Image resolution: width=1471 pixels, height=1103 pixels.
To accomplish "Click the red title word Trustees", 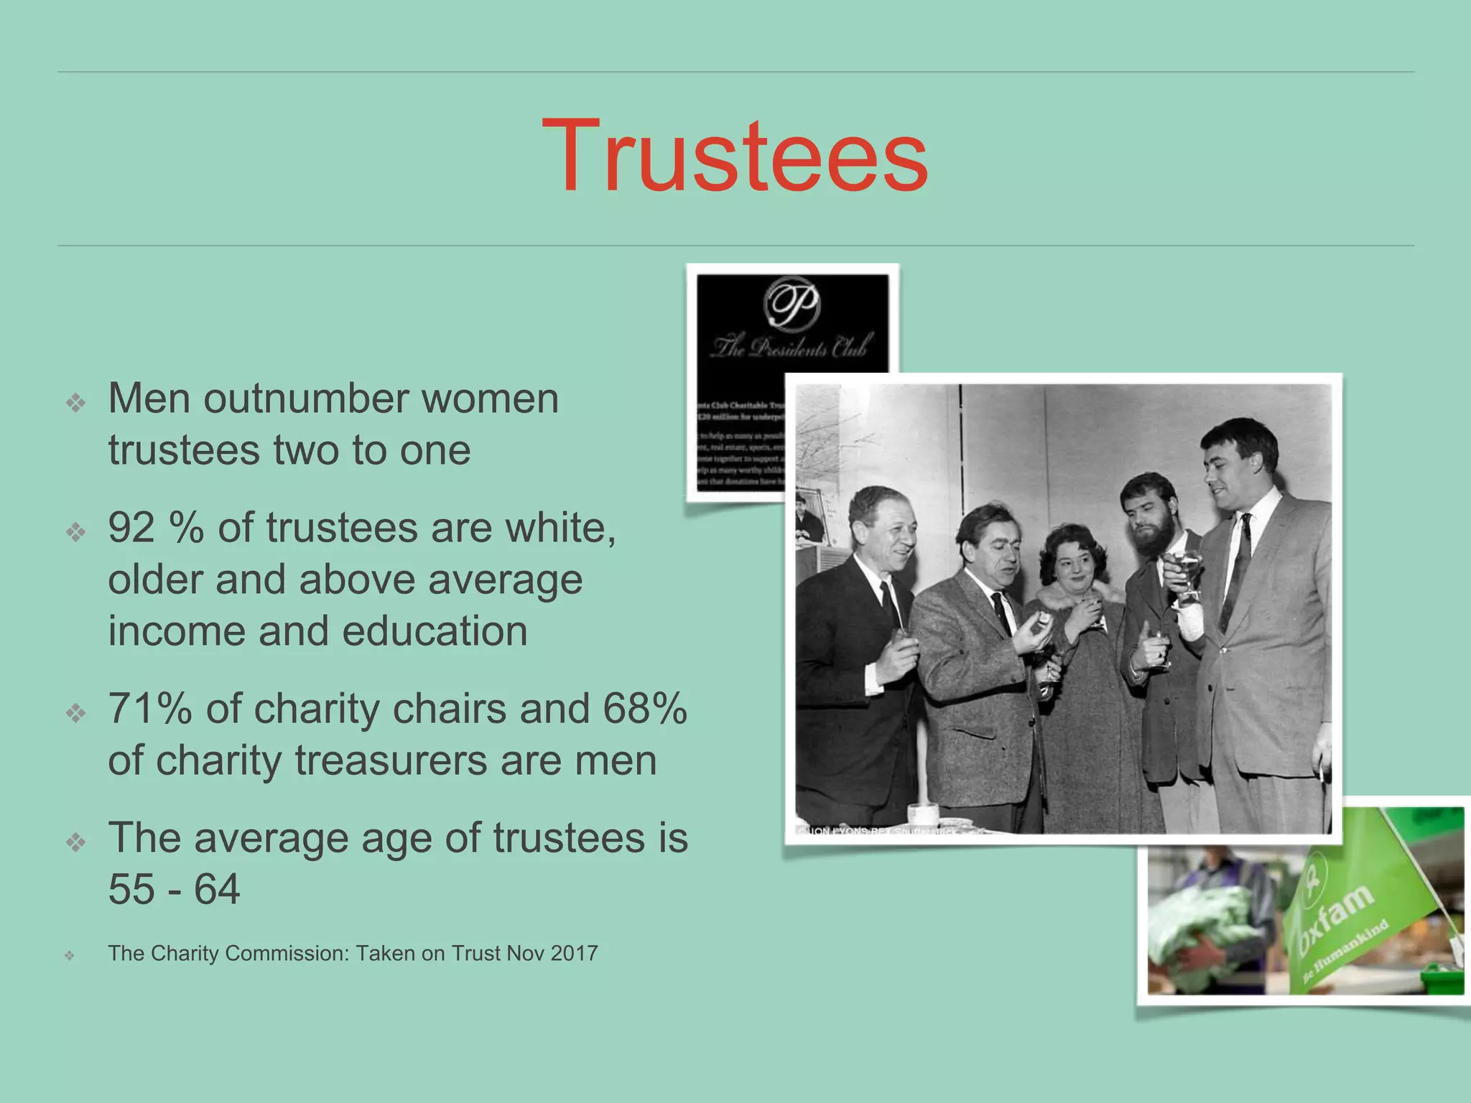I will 734,157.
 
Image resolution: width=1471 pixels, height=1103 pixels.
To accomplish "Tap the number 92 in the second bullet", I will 131,528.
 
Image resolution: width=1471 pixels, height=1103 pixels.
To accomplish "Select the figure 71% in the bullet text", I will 150,709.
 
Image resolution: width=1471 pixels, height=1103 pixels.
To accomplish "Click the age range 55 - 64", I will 174,890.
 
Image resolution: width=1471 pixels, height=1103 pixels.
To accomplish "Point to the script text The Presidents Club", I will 792,348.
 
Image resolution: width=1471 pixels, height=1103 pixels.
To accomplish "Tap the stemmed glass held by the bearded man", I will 1186,574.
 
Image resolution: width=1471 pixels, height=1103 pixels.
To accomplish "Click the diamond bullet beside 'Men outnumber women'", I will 75,403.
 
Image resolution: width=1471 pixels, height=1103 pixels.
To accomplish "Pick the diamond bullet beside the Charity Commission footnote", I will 70,956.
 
